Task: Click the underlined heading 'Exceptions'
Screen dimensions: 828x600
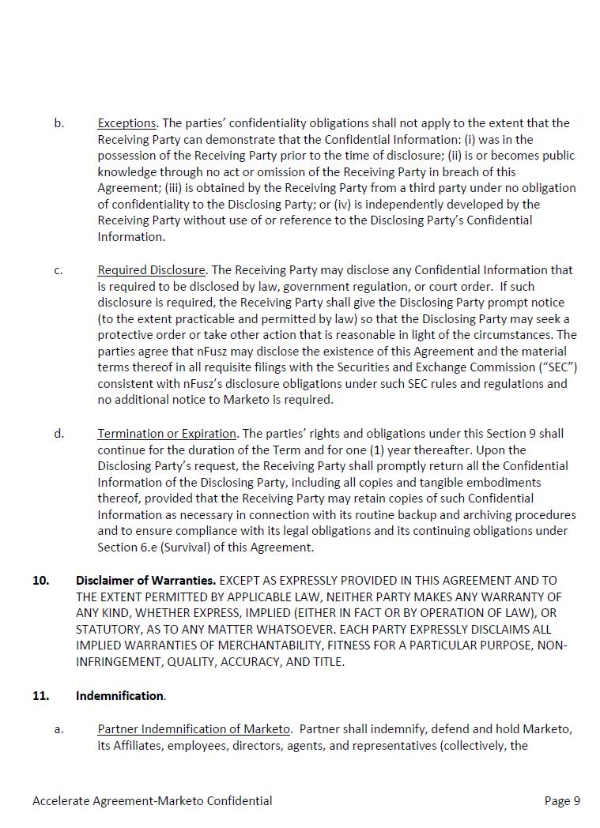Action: (x=126, y=123)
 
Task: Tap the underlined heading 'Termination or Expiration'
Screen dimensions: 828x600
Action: (x=167, y=434)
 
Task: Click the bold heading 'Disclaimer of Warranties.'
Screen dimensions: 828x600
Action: (x=145, y=581)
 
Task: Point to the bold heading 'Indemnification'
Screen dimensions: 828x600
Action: (x=119, y=696)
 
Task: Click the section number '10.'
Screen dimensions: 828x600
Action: (x=40, y=581)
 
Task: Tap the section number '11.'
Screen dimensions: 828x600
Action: (x=40, y=696)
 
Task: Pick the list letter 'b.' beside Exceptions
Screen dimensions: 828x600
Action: (x=59, y=123)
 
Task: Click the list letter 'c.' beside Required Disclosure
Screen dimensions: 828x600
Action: (x=59, y=270)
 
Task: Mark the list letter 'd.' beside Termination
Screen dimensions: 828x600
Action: (x=59, y=434)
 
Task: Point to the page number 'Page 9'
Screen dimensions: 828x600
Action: (x=562, y=801)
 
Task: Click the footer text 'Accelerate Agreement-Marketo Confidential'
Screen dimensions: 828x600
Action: (x=153, y=801)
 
